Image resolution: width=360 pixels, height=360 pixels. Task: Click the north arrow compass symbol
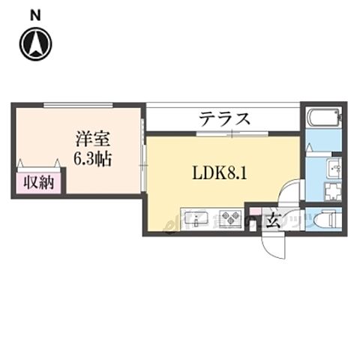click(35, 43)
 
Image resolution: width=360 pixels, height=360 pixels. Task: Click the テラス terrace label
click(224, 118)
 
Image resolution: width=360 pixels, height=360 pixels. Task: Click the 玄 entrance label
click(274, 220)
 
